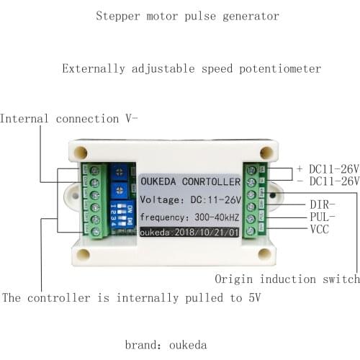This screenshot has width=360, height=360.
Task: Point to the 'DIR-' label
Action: click(x=323, y=205)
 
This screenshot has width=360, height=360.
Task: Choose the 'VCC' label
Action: click(x=320, y=230)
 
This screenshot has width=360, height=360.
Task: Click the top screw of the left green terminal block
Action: click(x=95, y=170)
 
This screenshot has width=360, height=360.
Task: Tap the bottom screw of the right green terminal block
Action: click(x=250, y=230)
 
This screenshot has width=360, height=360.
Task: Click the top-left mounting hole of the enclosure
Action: click(x=81, y=152)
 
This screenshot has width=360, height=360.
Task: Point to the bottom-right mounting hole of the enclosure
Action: click(x=265, y=253)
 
